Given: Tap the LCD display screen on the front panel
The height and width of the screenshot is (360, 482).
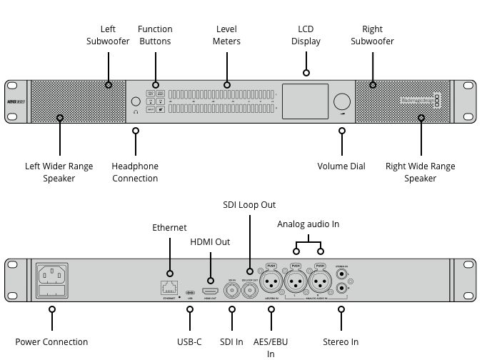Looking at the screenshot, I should pos(306,101).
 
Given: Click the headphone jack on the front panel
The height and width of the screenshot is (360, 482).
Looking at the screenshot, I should pos(136,101).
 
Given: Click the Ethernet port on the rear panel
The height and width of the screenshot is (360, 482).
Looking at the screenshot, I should pos(170,287).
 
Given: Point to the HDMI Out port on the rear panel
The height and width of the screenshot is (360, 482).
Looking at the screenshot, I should pos(211,292).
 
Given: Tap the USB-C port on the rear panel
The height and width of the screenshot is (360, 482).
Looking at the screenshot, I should pos(190,292).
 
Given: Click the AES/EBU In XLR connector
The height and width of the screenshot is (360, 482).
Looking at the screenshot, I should pos(271,282).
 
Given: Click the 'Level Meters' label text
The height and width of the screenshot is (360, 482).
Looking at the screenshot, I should pos(227,35).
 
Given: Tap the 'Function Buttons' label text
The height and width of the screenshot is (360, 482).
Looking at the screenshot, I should pos(155,35).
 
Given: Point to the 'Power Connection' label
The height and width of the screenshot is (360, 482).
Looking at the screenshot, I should pos(51,342).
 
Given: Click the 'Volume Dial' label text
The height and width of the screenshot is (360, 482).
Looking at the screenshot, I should pos(341,166).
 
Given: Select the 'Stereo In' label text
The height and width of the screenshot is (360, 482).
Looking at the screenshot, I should pos(341,342).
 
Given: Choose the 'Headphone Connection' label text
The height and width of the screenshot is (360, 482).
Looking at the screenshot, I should pos(135,172).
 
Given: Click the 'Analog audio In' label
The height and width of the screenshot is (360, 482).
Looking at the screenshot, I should pos(308,224).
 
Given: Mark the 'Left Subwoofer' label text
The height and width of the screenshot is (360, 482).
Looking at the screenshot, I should pos(108,35).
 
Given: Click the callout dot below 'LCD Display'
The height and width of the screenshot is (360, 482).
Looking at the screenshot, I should pos(306,72).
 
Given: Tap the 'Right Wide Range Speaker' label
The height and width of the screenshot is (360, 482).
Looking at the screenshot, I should pos(420,172).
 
